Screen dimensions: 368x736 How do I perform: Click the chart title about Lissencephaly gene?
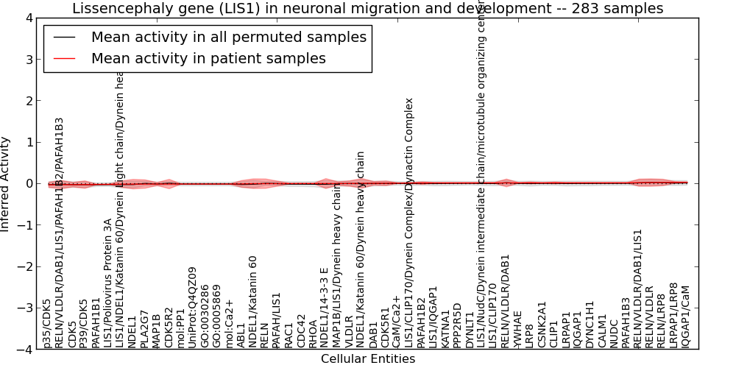(367, 8)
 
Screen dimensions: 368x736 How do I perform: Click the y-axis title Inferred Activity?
(6, 183)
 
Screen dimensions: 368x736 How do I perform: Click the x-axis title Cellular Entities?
(367, 359)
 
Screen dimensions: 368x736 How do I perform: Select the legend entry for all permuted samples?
(228, 38)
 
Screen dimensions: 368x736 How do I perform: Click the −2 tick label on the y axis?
(24, 266)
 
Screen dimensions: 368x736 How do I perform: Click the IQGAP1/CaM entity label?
(687, 316)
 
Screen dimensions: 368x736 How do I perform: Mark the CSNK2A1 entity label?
(542, 324)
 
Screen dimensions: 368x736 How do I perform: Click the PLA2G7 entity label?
(144, 328)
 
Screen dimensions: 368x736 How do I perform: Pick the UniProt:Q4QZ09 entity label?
(193, 307)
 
